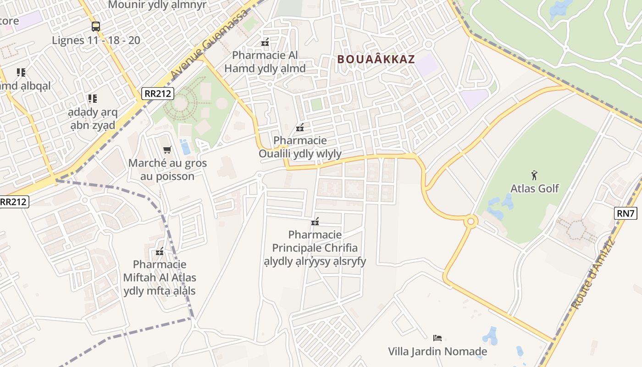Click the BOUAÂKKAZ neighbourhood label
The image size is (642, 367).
[376, 59]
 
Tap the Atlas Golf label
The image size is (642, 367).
[535, 188]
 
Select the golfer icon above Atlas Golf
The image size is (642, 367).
[534, 175]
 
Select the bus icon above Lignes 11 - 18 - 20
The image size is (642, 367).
[95, 26]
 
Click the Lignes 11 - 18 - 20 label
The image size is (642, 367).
[96, 40]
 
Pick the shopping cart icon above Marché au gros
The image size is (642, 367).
[167, 150]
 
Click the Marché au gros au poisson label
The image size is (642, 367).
[167, 170]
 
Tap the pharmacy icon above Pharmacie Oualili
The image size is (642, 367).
[300, 127]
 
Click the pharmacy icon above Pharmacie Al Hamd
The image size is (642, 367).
[265, 42]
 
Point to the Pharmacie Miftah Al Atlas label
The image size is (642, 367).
[160, 278]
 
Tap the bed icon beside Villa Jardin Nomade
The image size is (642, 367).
[437, 338]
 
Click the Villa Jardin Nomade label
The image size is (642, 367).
[437, 352]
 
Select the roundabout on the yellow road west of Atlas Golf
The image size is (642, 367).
[470, 222]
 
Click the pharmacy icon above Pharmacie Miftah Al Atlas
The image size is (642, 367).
[160, 251]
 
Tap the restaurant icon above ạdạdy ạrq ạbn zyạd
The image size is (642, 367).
[93, 99]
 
